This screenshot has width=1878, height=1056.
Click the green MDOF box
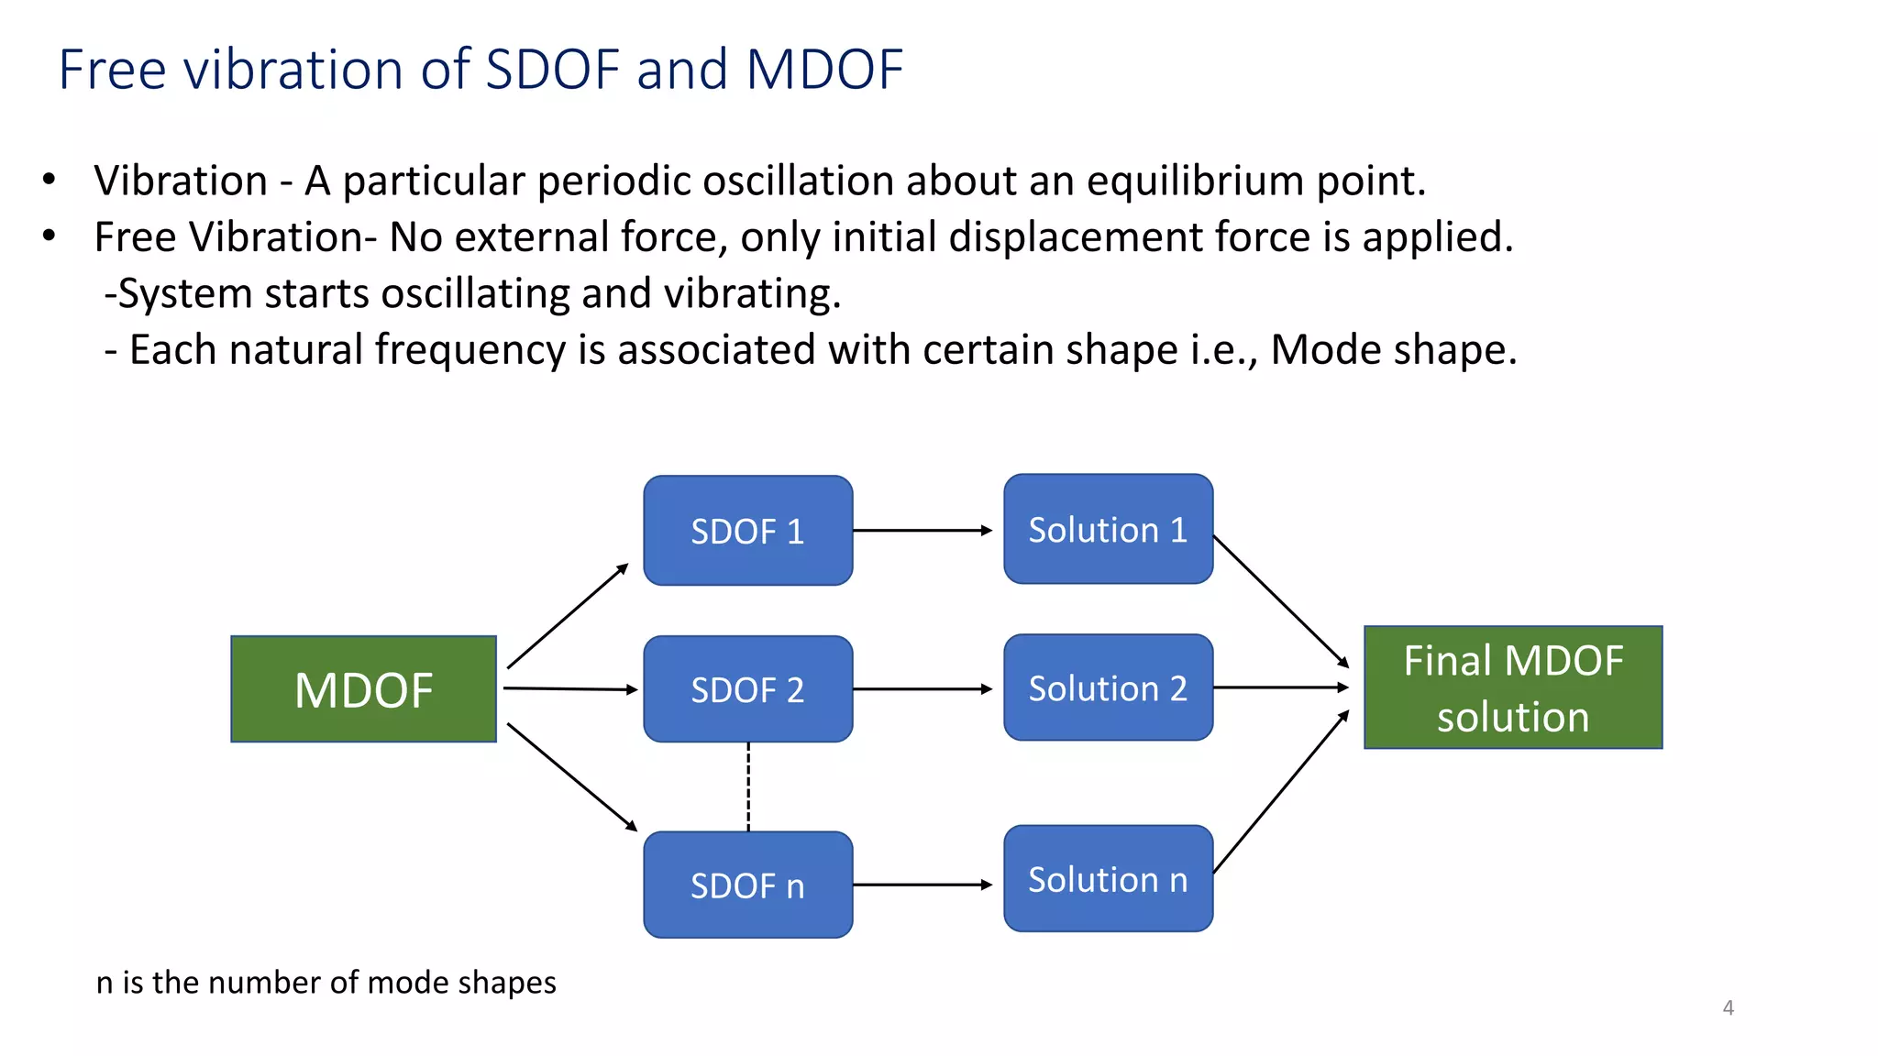click(x=363, y=689)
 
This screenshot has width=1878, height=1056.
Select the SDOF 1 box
click(x=747, y=531)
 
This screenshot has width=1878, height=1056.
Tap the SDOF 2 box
click(x=747, y=689)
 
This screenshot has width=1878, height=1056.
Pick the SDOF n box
click(x=747, y=885)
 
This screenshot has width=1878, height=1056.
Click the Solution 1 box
click(x=1108, y=529)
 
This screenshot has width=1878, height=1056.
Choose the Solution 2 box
click(x=1108, y=687)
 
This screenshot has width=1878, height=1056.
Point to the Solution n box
click(x=1108, y=878)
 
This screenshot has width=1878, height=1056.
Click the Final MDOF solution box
click(x=1512, y=687)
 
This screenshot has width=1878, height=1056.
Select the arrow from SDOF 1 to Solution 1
click(x=922, y=530)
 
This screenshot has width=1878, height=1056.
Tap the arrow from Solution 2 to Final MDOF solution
click(x=1280, y=687)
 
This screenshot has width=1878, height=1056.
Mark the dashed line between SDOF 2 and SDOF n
click(x=748, y=786)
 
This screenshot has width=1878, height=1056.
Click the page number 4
click(x=1728, y=1007)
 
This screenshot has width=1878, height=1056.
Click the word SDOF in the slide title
click(x=553, y=69)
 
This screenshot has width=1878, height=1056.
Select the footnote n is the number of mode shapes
click(x=326, y=982)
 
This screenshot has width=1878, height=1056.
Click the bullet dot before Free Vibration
click(x=50, y=236)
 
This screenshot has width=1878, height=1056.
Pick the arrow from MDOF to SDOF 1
click(x=567, y=616)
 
